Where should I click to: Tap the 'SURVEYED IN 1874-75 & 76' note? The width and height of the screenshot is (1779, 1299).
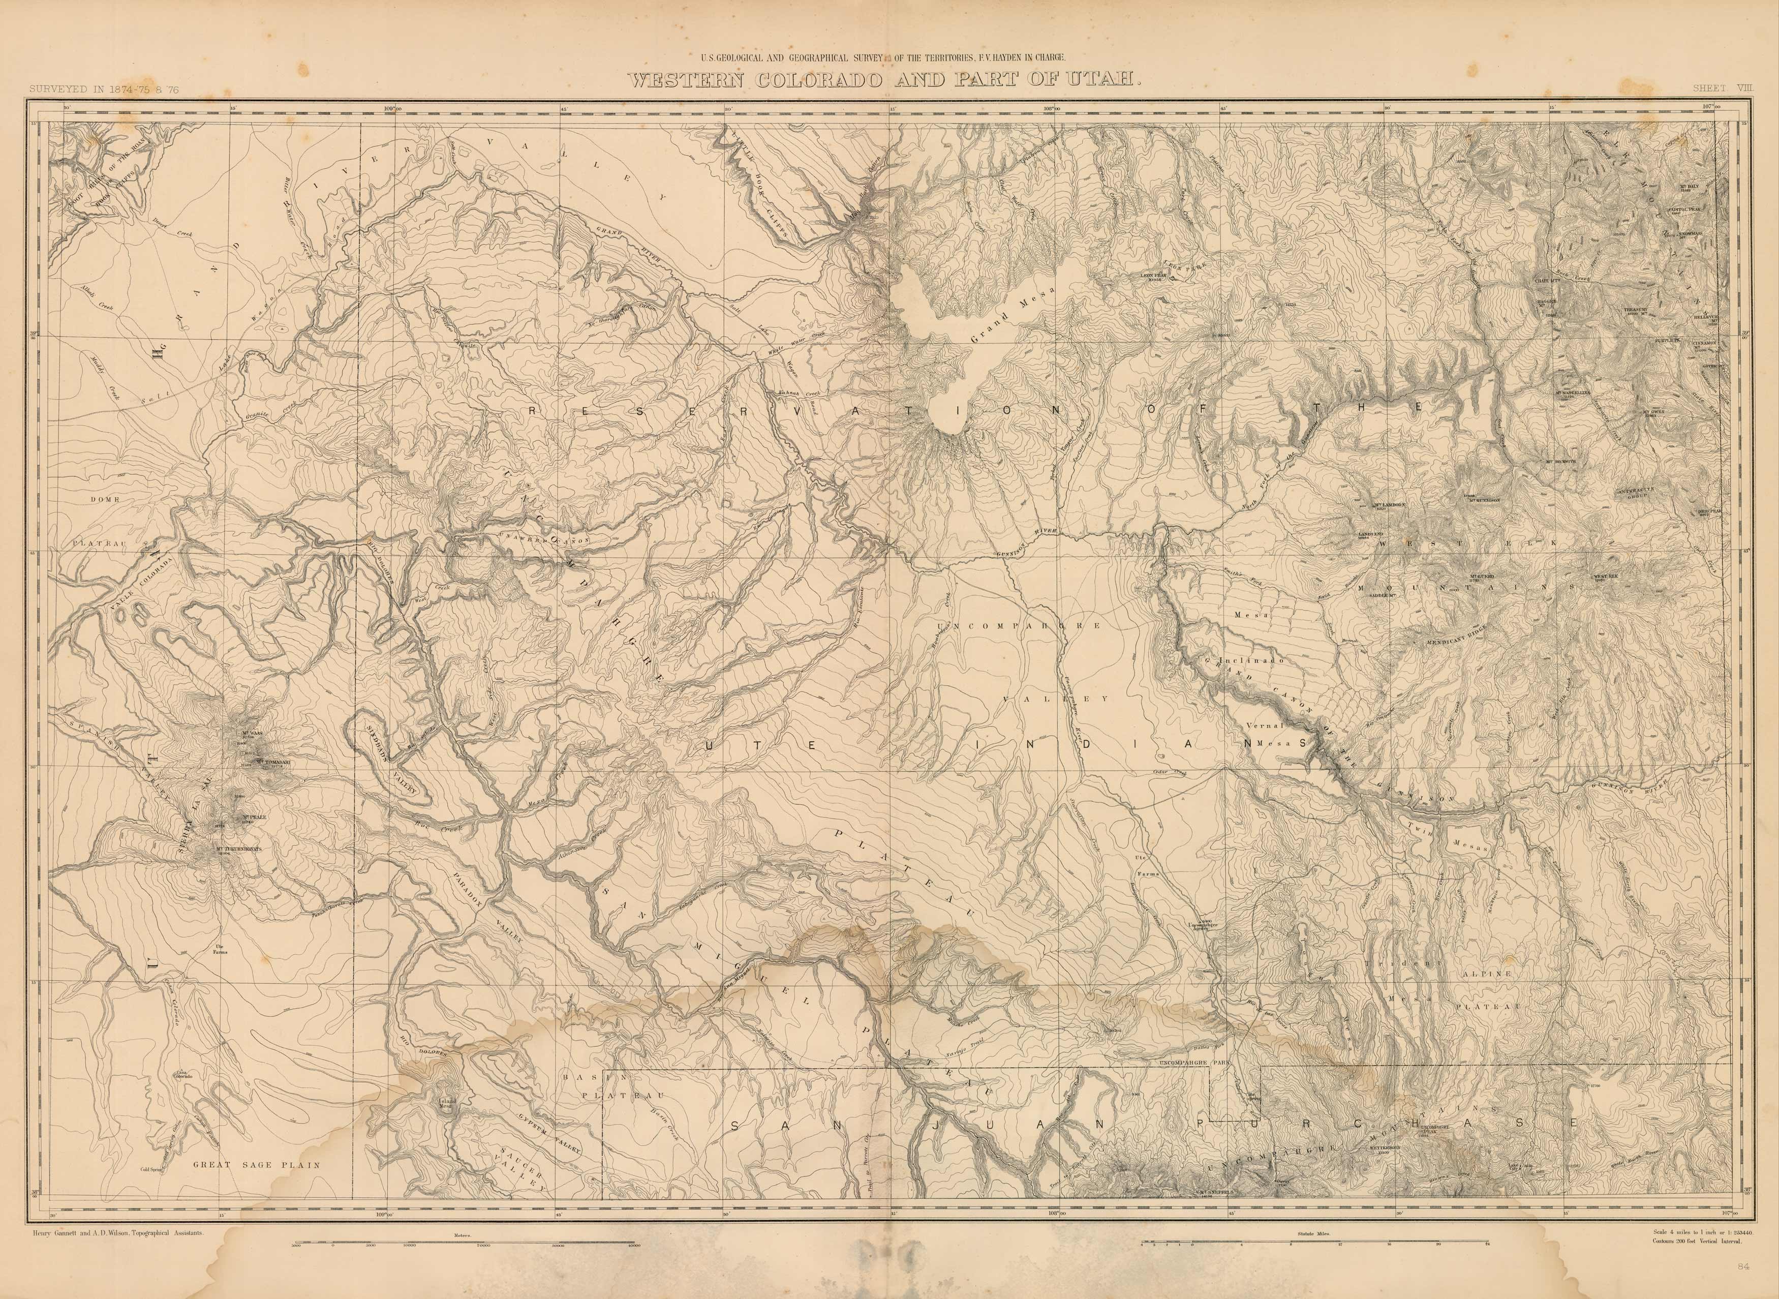pyautogui.click(x=104, y=89)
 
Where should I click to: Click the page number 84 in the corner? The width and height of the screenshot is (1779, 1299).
pyautogui.click(x=1738, y=1285)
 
